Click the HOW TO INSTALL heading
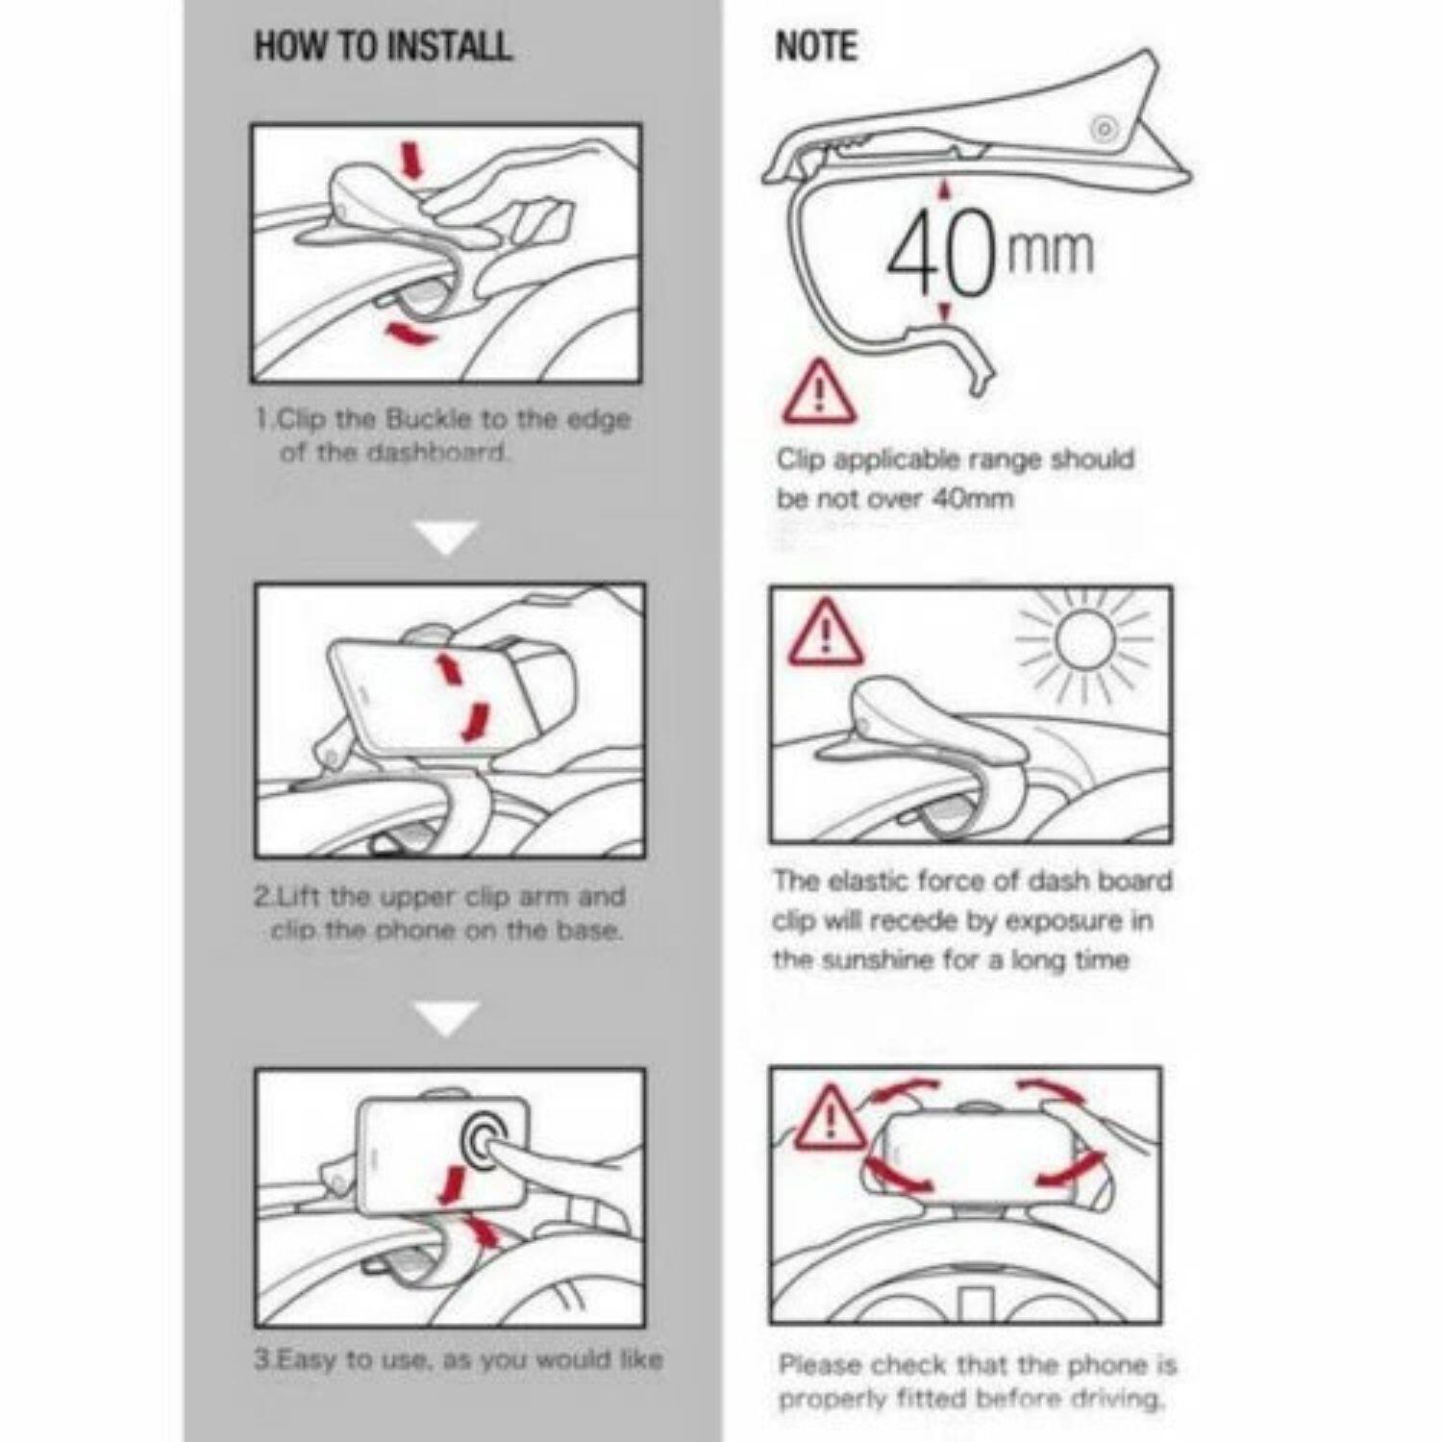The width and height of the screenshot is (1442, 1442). click(383, 46)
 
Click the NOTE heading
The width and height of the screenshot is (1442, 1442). click(815, 46)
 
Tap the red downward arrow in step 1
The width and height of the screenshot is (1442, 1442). click(413, 161)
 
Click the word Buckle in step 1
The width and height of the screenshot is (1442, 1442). click(429, 419)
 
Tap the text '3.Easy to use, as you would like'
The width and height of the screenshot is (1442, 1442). click(459, 1359)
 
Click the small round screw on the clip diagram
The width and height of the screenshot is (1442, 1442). click(1105, 130)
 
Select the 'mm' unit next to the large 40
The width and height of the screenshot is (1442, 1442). click(1050, 250)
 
